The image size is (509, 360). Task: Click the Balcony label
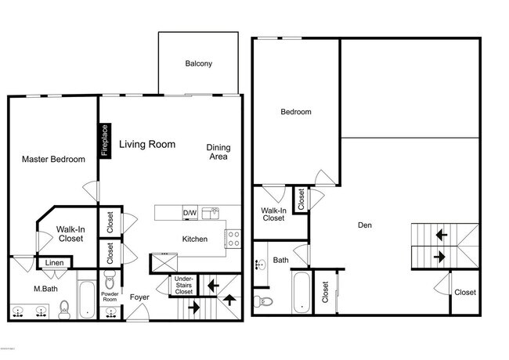pyautogui.click(x=199, y=64)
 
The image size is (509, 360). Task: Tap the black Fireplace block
pyautogui.click(x=104, y=140)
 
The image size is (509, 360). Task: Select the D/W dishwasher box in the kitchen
pyautogui.click(x=190, y=213)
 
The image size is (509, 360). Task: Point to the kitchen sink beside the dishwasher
pyautogui.click(x=209, y=212)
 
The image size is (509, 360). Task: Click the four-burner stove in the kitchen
pyautogui.click(x=233, y=238)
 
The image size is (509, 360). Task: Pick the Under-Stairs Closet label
pyautogui.click(x=183, y=285)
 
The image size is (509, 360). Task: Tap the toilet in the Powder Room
pyautogui.click(x=109, y=279)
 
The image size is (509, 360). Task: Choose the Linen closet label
pyautogui.click(x=53, y=263)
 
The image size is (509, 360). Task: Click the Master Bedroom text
pyautogui.click(x=53, y=160)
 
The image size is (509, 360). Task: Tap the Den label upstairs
pyautogui.click(x=364, y=225)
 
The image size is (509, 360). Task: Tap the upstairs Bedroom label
pyautogui.click(x=296, y=112)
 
